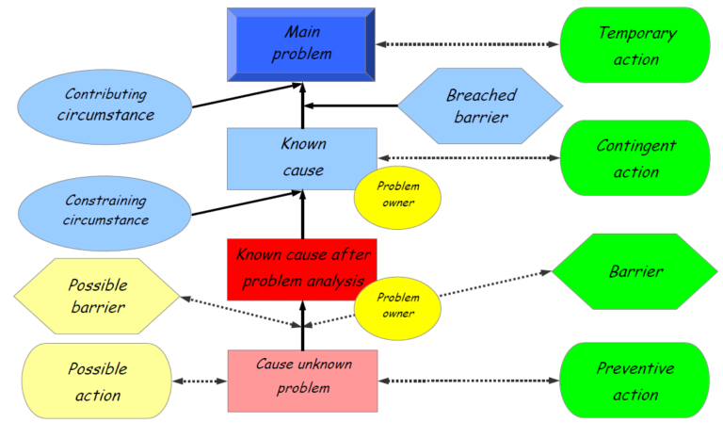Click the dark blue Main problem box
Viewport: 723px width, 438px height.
(x=301, y=43)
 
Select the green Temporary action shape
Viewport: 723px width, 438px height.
(x=635, y=44)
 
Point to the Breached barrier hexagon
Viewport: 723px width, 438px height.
(x=479, y=105)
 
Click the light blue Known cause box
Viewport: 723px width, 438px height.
(x=301, y=158)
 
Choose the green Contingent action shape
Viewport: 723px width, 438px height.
(x=635, y=158)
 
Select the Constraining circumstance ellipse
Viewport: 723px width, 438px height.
(x=105, y=210)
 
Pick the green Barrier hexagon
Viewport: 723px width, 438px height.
(x=635, y=271)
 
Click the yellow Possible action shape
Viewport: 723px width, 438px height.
(x=97, y=381)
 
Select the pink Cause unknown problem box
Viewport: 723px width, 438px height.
(x=302, y=381)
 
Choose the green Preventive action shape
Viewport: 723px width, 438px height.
(x=635, y=381)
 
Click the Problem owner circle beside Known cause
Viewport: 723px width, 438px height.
(x=397, y=196)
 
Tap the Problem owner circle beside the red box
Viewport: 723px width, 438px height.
(x=397, y=305)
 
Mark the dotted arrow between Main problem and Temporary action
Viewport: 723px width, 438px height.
(x=467, y=44)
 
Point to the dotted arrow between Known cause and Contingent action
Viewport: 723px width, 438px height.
(x=468, y=157)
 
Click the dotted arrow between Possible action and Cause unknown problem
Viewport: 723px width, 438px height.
(x=201, y=381)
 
